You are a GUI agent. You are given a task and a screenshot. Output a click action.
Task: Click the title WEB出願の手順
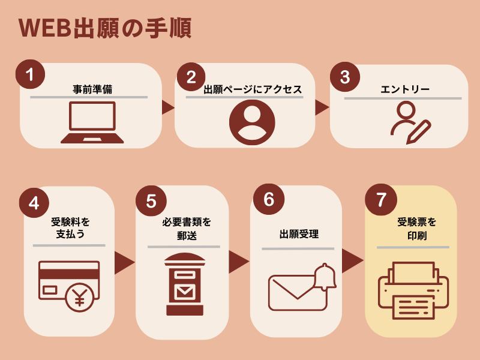[x=105, y=28]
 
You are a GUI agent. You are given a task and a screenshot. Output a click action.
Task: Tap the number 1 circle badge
[x=30, y=74]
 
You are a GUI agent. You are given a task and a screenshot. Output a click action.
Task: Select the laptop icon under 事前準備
[x=92, y=123]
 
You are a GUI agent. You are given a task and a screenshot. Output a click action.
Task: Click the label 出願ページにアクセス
[x=252, y=90]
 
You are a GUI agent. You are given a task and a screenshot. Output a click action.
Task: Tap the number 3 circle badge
[x=344, y=77]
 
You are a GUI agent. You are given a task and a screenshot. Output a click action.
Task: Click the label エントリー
[x=405, y=90]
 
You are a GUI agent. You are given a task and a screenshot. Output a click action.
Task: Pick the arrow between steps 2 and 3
[x=322, y=107]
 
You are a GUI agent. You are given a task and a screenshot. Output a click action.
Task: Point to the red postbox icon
[x=185, y=284]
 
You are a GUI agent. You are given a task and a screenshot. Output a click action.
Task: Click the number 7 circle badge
[x=380, y=200]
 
